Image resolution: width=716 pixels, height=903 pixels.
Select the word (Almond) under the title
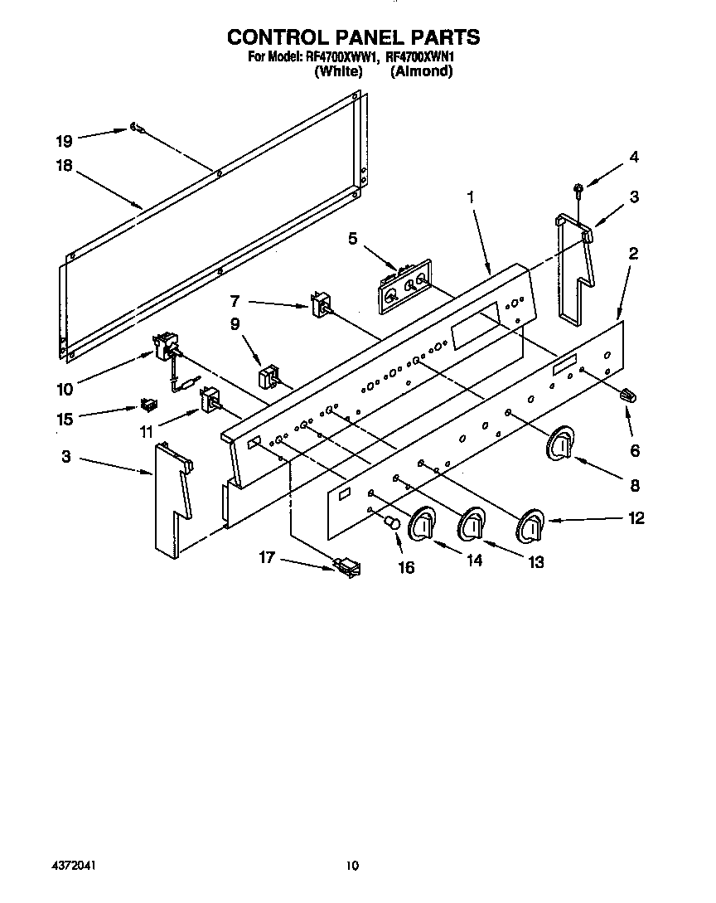(x=422, y=71)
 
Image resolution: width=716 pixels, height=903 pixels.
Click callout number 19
(x=64, y=140)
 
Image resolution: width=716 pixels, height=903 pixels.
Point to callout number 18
(x=64, y=165)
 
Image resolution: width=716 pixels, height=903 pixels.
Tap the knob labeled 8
(x=560, y=444)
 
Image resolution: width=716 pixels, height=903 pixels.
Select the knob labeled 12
(x=530, y=526)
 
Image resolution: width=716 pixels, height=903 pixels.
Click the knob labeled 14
(x=423, y=523)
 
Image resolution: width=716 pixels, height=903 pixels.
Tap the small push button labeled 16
(x=393, y=523)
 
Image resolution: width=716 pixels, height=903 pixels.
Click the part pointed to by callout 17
(x=348, y=566)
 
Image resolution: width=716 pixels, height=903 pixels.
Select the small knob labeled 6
(x=626, y=395)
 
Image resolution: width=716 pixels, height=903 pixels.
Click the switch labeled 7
(x=322, y=304)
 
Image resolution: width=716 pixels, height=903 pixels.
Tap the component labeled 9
(x=268, y=376)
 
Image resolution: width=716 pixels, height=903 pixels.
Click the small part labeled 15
(x=148, y=405)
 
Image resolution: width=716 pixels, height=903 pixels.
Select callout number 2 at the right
(x=633, y=254)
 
